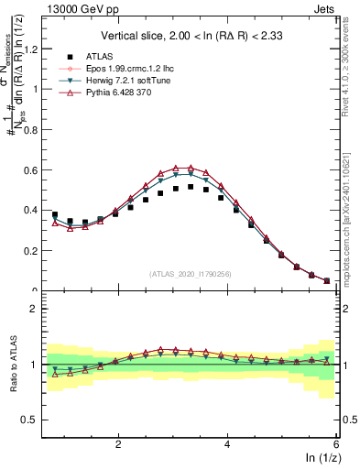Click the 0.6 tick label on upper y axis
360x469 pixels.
coord(30,169)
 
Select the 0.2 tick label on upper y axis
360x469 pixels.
coord(30,250)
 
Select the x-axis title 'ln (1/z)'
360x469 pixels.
coord(322,458)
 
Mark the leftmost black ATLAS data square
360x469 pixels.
coord(55,214)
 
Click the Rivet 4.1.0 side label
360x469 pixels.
coord(352,64)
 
